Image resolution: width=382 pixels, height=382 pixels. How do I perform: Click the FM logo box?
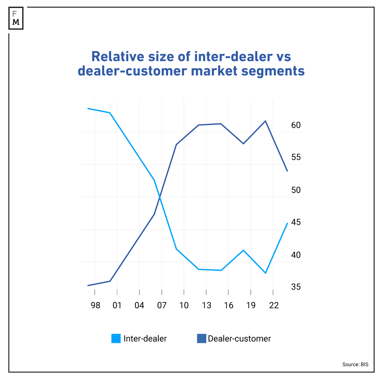16,18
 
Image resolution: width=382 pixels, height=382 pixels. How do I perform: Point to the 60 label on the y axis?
296,125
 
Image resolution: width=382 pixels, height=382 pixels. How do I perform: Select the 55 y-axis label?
296,157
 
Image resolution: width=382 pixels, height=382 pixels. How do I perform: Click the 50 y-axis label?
296,190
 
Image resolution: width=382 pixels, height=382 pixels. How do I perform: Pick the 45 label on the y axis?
296,222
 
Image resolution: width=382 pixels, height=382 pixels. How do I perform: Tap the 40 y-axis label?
296,255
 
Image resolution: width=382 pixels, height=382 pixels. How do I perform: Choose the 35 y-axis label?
296,287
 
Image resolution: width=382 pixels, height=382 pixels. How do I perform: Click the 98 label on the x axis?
95,306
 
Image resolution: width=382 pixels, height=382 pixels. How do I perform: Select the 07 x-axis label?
162,306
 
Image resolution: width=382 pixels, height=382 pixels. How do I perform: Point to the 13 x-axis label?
206,306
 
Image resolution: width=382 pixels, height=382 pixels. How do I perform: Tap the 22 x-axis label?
274,306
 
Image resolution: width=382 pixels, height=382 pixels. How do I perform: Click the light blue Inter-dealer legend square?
116,338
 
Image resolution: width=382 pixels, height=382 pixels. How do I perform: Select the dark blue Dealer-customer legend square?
202,338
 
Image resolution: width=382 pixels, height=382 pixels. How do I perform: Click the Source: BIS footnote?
355,364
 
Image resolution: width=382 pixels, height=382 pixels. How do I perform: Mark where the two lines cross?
159,197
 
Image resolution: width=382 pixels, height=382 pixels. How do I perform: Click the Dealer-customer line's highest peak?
265,121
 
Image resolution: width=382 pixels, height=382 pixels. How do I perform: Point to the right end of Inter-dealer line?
287,223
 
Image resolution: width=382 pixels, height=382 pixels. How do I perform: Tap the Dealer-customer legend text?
239,338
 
